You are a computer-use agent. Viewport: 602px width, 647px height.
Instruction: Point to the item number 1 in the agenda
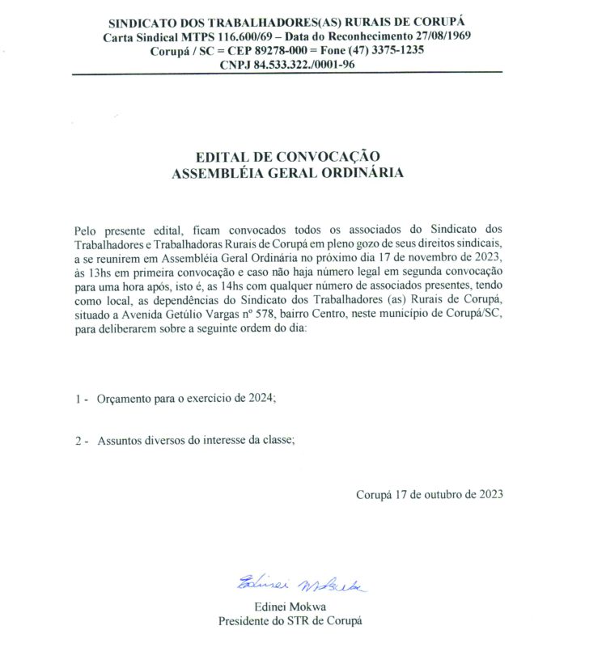[x=77, y=399]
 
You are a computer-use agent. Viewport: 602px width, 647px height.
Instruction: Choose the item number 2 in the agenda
[x=77, y=441]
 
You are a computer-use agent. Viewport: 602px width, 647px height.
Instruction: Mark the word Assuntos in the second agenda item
[x=119, y=441]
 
